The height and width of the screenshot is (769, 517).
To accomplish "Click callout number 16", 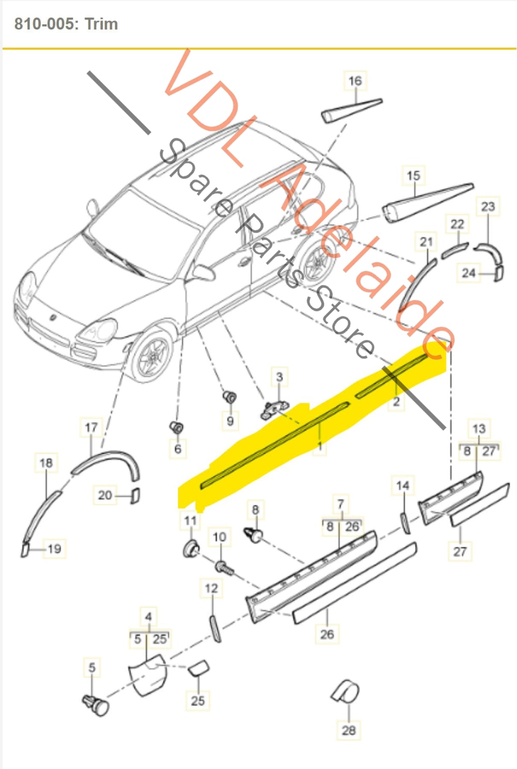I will tap(355, 81).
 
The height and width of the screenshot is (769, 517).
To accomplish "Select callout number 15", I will tap(413, 176).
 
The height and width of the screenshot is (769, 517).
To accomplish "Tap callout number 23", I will tap(488, 207).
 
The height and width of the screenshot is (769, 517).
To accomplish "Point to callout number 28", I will tap(348, 730).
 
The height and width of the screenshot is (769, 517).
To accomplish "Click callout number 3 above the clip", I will tap(279, 377).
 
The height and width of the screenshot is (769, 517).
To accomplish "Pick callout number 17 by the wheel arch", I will tap(91, 428).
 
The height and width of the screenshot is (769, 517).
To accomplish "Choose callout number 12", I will tap(211, 589).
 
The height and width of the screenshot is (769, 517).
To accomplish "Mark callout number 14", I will tap(402, 486).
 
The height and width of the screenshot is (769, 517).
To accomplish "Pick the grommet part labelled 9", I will tap(230, 397).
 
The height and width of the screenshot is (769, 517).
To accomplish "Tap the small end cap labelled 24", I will tap(498, 273).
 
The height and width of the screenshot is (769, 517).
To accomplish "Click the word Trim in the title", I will tap(101, 24).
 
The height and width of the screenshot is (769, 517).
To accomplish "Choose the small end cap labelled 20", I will tap(135, 495).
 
